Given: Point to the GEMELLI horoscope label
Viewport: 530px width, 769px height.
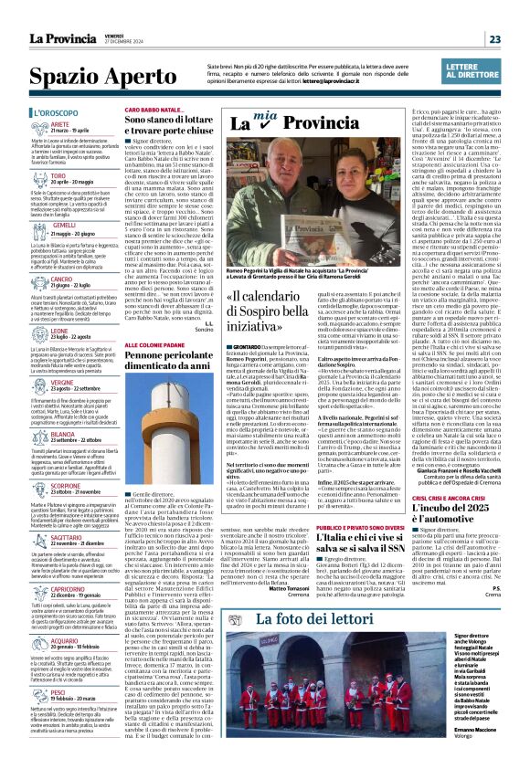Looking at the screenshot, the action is (65, 225).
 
